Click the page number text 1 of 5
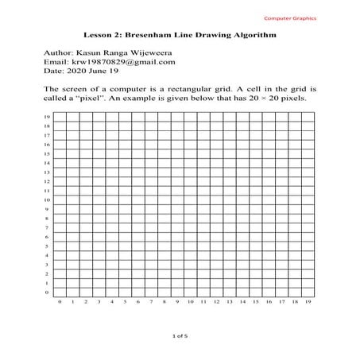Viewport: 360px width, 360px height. pos(180,337)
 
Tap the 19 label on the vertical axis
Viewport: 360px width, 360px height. pos(48,117)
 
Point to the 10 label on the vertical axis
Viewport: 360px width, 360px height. pos(48,199)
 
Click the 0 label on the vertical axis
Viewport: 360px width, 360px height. pos(48,292)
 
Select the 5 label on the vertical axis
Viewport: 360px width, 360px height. pos(48,246)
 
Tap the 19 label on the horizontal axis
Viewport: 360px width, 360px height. pos(308,303)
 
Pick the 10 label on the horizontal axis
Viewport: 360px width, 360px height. pos(191,303)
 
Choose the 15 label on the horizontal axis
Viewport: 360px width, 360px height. pos(256,303)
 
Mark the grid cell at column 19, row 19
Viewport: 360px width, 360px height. pos(308,117)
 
